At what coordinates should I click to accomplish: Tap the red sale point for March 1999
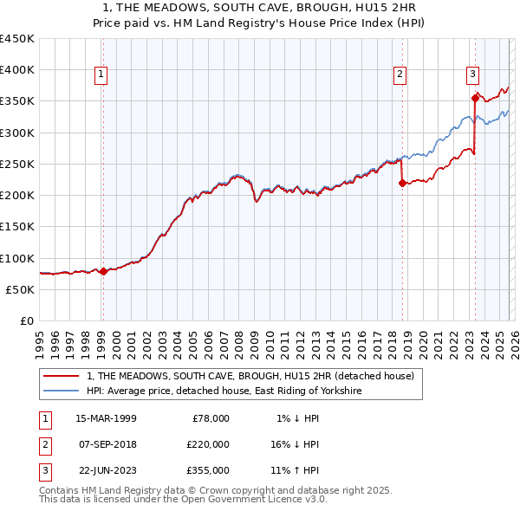(103, 271)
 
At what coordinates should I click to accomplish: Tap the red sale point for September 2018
(402, 182)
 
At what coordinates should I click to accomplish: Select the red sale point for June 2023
(475, 98)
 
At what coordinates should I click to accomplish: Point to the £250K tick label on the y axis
(17, 164)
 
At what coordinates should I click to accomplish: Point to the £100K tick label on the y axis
(17, 258)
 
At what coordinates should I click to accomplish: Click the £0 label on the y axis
(26, 320)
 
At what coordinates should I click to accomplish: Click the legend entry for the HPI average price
(224, 391)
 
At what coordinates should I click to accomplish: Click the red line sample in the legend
(61, 376)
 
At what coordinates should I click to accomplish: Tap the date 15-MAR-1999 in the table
(106, 418)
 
